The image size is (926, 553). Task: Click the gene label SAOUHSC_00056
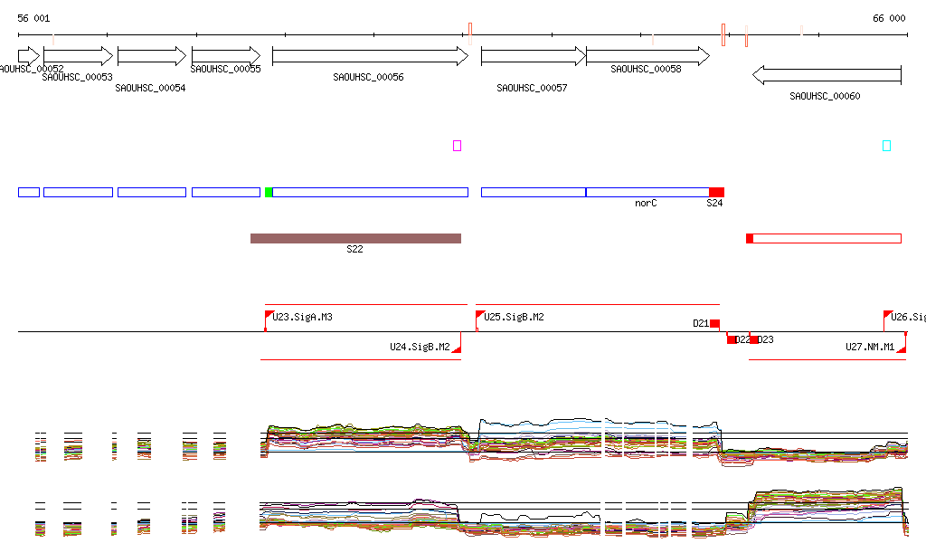click(x=368, y=78)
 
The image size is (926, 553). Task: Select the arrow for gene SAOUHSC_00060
click(x=827, y=74)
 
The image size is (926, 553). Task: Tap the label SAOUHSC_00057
click(x=532, y=88)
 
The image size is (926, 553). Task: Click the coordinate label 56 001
click(x=33, y=18)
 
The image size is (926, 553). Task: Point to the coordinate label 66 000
click(x=889, y=18)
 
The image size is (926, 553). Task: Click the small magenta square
click(x=457, y=146)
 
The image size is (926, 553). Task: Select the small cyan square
click(x=886, y=146)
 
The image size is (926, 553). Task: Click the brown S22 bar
click(x=355, y=238)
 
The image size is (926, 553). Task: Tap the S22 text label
click(x=354, y=249)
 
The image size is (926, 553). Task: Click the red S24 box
click(x=716, y=192)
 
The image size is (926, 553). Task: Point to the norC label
click(x=646, y=204)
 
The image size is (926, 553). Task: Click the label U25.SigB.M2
click(x=515, y=317)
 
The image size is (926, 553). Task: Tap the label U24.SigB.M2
click(x=420, y=347)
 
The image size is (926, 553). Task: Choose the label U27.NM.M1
click(x=870, y=347)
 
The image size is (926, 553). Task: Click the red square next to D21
click(x=714, y=323)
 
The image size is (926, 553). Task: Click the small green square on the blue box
click(x=269, y=192)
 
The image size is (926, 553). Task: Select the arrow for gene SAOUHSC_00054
click(x=152, y=56)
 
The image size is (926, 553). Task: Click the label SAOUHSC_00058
click(x=646, y=69)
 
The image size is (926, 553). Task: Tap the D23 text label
click(x=765, y=339)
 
